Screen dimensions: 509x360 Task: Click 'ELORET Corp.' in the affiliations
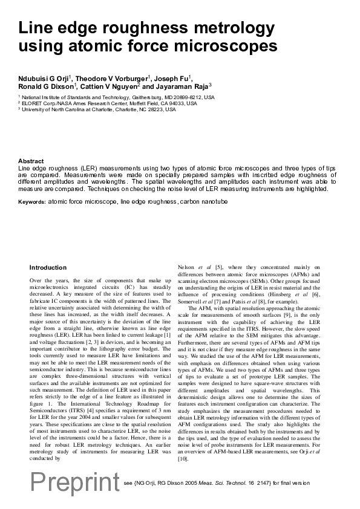38,103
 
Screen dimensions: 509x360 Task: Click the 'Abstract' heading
31,161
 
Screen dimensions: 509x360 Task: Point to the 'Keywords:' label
31,201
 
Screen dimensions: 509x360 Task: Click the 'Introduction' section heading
48,267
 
